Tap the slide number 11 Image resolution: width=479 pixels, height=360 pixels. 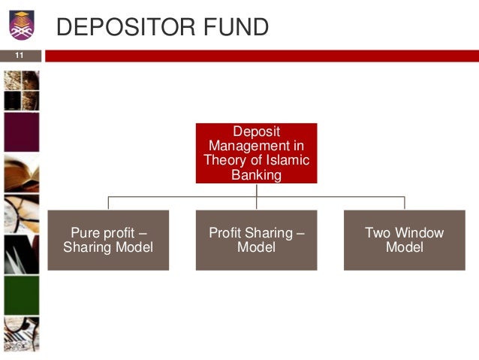point(20,56)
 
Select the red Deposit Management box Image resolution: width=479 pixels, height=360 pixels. point(256,153)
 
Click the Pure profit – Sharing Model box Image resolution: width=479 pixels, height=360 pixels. point(108,240)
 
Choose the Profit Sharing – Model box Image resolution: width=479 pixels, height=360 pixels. point(256,240)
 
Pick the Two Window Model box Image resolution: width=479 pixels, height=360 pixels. point(404,240)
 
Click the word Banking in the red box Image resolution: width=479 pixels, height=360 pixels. point(257,175)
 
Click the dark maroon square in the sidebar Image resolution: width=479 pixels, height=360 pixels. point(21,132)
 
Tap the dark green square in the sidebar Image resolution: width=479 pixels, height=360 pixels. point(21,295)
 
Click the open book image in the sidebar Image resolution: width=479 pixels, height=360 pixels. point(21,173)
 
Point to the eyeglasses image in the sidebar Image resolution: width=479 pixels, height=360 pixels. point(21,214)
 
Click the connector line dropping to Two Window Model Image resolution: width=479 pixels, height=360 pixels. point(405,203)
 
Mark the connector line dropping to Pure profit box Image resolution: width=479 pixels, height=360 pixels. point(108,203)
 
